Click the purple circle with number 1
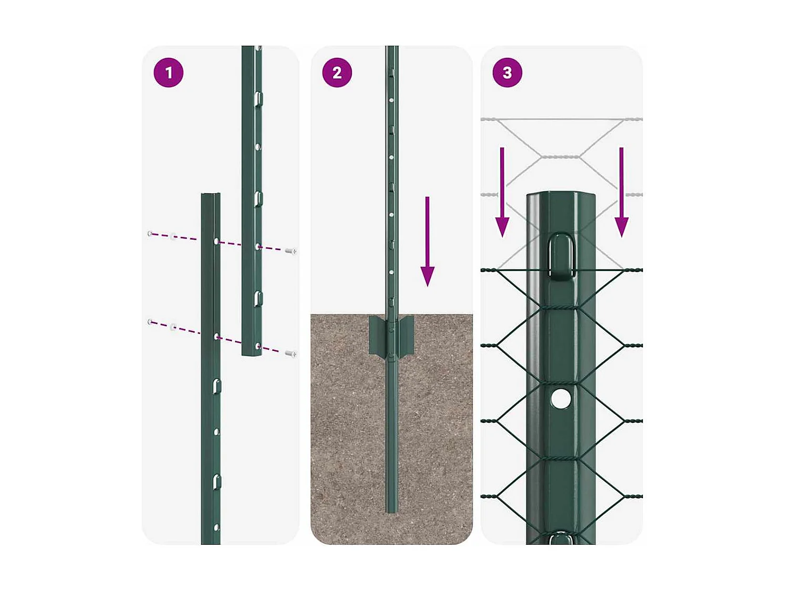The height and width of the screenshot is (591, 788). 168,72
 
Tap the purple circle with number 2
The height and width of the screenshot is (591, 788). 337,72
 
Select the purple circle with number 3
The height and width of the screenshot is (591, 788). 507,72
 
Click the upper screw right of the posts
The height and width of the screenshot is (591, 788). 291,251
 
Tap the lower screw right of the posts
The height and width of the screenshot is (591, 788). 291,354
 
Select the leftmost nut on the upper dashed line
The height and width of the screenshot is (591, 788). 150,233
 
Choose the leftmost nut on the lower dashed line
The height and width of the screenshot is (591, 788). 150,322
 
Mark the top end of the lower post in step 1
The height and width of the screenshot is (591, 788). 211,196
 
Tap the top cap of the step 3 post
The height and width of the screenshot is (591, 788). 561,195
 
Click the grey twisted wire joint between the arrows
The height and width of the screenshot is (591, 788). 561,157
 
